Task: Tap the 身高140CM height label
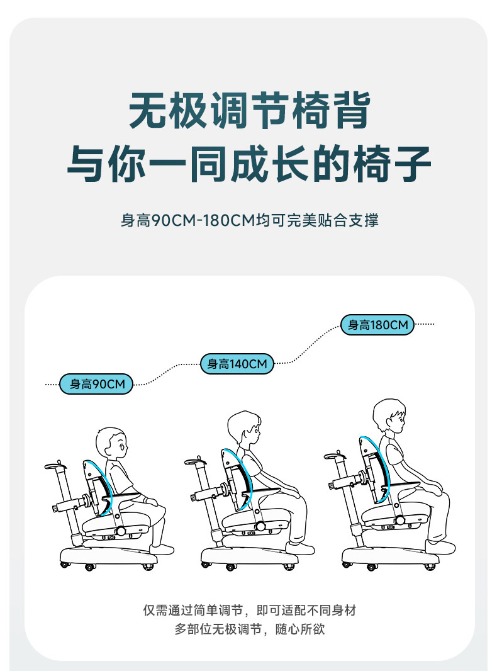(237, 364)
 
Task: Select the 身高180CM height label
(377, 325)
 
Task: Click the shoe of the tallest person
(440, 547)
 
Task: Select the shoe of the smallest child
(162, 550)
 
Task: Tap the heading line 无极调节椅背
(249, 110)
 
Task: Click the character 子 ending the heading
(411, 163)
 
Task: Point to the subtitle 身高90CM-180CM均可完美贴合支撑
(249, 220)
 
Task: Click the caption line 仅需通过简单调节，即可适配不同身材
(249, 610)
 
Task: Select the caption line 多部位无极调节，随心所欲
(249, 629)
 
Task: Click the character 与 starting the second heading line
(86, 163)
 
